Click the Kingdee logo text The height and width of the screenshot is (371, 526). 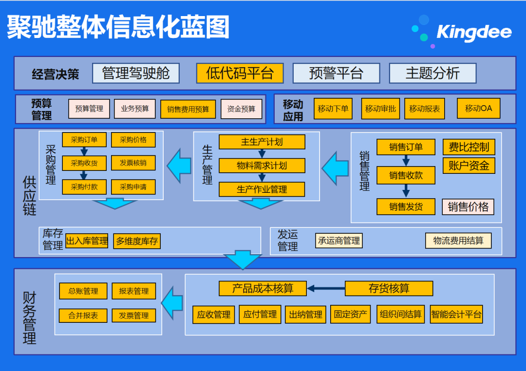click(x=474, y=33)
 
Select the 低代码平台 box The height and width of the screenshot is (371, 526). click(x=240, y=74)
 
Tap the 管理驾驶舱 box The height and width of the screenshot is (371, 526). click(x=136, y=74)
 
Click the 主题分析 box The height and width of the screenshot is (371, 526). click(x=432, y=74)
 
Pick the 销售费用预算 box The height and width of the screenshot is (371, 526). click(x=188, y=109)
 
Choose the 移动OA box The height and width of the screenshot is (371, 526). click(x=478, y=108)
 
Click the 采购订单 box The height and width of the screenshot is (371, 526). click(x=84, y=140)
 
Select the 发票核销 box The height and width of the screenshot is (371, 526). click(x=133, y=163)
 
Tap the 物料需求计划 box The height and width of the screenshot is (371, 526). click(x=262, y=166)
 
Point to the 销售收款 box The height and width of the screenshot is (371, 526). click(x=406, y=175)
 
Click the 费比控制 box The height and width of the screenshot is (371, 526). click(x=469, y=147)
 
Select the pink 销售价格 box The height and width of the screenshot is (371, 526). click(x=468, y=206)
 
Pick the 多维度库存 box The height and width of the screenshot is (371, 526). click(x=137, y=241)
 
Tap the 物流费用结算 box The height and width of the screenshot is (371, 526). click(x=458, y=241)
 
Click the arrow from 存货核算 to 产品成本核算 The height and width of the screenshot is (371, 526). click(x=326, y=289)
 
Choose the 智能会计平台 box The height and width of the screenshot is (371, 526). click(x=456, y=315)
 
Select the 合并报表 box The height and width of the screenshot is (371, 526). click(x=83, y=315)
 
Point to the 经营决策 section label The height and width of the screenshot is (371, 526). click(x=56, y=74)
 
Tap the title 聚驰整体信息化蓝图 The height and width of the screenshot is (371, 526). click(x=118, y=27)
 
